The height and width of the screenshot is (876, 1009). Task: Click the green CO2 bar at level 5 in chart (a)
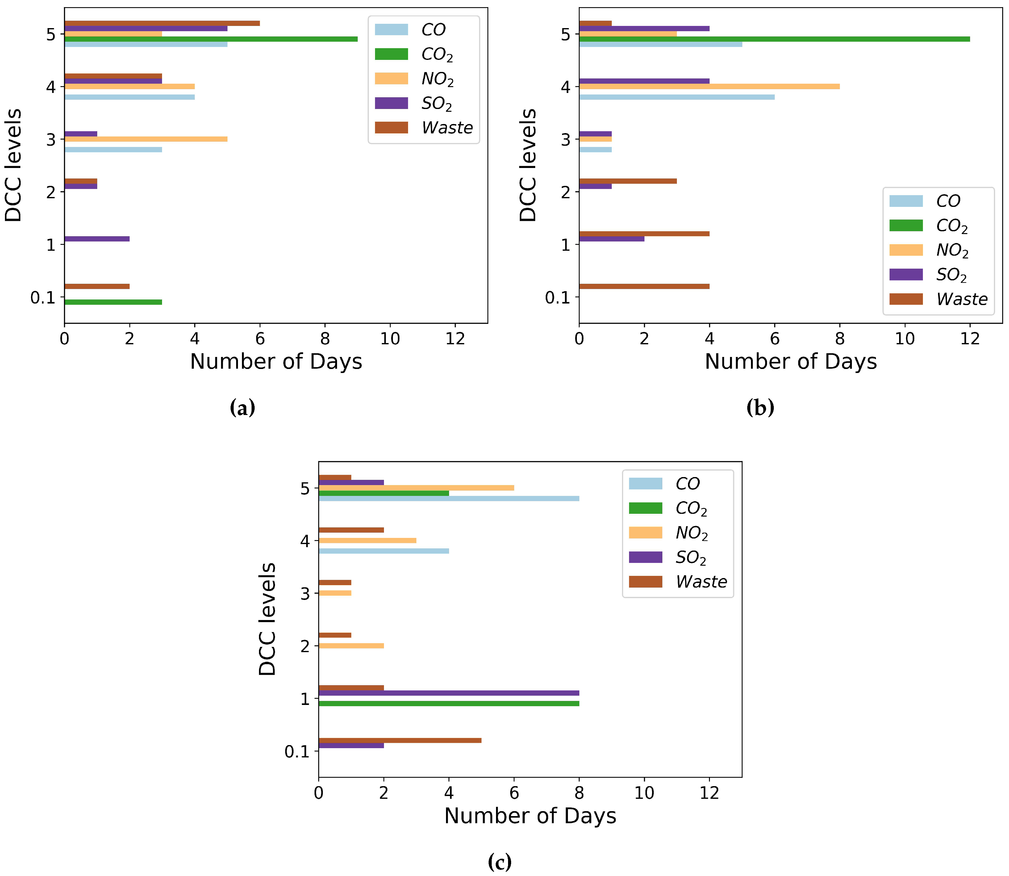coord(210,39)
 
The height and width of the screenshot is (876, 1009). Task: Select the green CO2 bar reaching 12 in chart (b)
coord(774,39)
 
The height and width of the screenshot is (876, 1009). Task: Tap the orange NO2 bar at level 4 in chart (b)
coord(708,86)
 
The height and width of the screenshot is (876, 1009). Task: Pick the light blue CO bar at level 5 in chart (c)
coord(448,499)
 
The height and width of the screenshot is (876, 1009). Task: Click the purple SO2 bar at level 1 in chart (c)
coord(448,693)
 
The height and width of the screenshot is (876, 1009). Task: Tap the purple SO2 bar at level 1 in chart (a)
coord(97,239)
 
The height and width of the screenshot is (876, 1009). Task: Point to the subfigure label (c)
coord(499,861)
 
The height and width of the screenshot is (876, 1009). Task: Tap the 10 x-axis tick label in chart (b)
coord(904,339)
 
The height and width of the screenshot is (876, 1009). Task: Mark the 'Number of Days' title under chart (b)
coord(790,362)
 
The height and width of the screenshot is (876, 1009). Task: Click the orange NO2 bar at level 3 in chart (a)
coord(146,139)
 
